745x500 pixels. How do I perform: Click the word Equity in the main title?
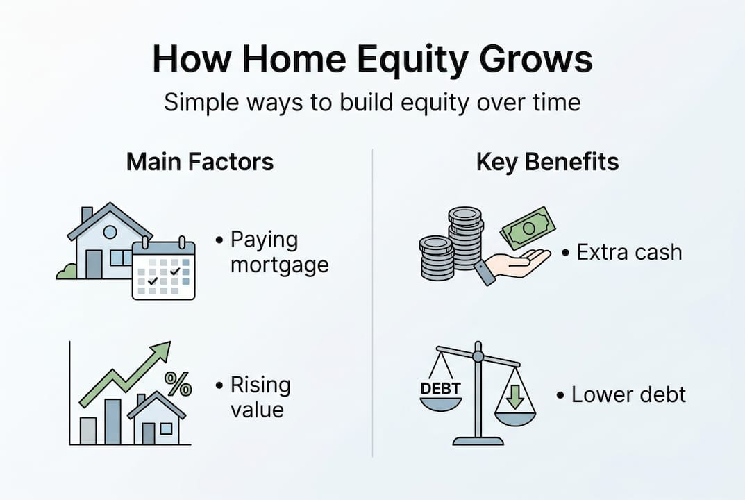click(x=403, y=60)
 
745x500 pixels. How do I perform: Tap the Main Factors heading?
click(x=200, y=162)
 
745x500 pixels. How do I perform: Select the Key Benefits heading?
click(x=547, y=162)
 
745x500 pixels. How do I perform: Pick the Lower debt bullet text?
click(x=628, y=395)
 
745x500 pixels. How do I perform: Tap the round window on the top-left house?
click(x=110, y=232)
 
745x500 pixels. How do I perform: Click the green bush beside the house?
click(x=67, y=272)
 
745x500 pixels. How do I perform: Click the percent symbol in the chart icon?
click(x=178, y=383)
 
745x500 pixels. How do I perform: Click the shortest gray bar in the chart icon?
click(x=88, y=431)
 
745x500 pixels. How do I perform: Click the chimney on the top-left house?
click(x=87, y=215)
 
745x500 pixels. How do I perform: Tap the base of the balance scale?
click(x=478, y=440)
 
